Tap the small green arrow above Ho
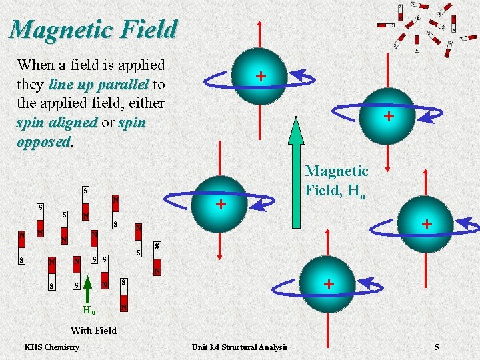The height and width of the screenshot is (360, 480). pos(88,291)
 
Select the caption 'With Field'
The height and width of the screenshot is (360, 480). pos(93,330)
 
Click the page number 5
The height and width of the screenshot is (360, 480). pos(437,347)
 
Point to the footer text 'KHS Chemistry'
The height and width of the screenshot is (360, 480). pos(51,347)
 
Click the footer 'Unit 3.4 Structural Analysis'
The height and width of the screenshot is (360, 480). pos(239,347)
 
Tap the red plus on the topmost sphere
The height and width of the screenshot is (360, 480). pos(261,77)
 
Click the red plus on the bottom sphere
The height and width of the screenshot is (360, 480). pos(327,284)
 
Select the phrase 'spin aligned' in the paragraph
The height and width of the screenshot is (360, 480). pos(57,123)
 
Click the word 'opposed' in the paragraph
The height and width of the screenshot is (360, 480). pos(43,142)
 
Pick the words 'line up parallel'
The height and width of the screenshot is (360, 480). pos(99,85)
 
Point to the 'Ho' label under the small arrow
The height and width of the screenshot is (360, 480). pos(89,311)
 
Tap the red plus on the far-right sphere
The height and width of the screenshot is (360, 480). pos(427,225)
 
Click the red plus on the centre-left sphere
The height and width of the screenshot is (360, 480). pos(220,204)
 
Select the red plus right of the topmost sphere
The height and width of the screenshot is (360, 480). pos(387,117)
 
